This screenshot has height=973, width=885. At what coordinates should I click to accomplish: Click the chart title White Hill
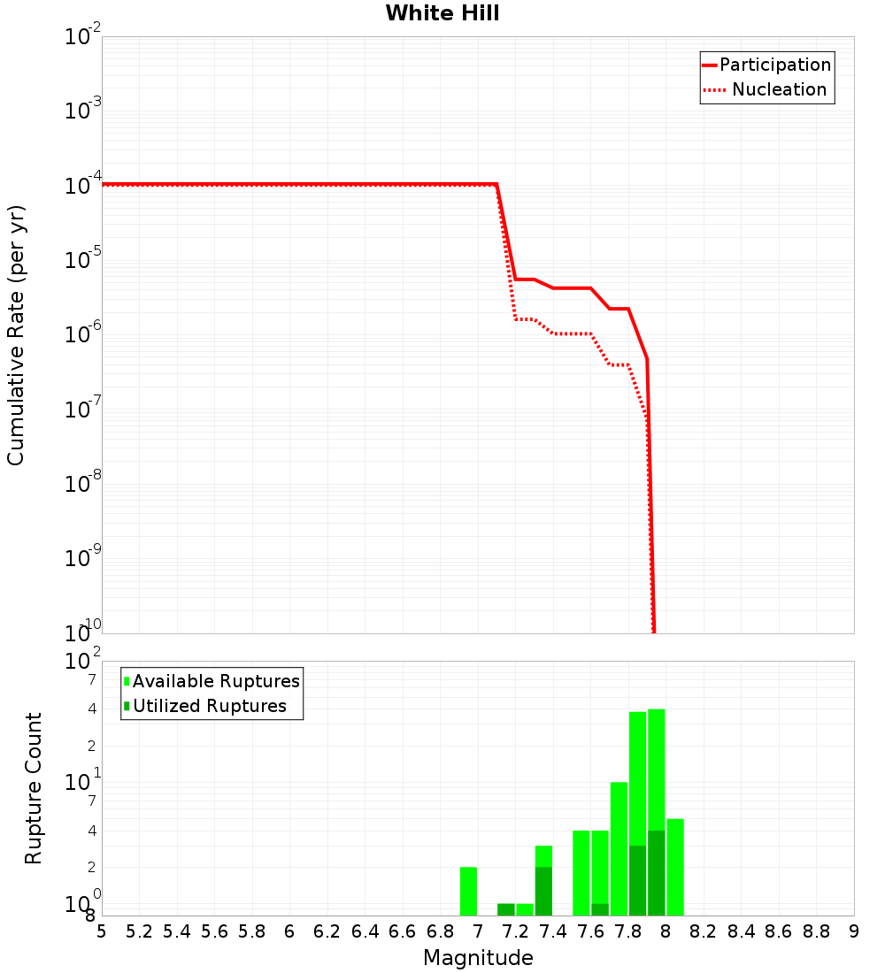point(442,13)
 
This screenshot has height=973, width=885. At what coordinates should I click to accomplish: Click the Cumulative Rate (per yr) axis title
point(16,334)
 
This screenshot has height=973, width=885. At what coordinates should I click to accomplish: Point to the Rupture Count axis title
point(34,788)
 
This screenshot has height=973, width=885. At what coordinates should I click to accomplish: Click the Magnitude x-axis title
point(478,958)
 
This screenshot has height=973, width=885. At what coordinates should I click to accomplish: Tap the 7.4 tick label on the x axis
point(553,931)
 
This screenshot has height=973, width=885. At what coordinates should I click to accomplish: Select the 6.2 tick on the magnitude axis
point(327,931)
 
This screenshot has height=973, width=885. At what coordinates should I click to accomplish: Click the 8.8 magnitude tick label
point(816,931)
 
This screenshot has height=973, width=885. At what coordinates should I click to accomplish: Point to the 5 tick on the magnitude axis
point(102,931)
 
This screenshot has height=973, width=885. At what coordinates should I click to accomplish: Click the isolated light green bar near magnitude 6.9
point(468,891)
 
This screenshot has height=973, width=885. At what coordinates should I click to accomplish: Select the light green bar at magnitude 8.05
point(675,867)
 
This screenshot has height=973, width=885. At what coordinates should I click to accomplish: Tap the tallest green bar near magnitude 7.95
point(656,770)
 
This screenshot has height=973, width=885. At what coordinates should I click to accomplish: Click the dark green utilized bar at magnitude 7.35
point(543,891)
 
